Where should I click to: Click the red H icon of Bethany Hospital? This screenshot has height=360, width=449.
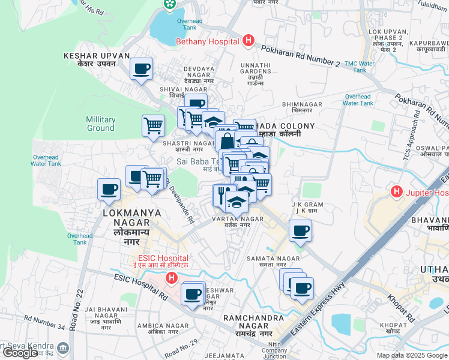click(249, 41)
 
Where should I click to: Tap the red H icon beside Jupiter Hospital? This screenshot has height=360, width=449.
click(396, 193)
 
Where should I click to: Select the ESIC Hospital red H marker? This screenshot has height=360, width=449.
click(172, 278)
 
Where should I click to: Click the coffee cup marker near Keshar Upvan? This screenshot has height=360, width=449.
click(142, 69)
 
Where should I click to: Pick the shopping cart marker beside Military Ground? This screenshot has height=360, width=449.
click(153, 125)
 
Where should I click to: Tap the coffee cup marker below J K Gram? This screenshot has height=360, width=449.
click(300, 230)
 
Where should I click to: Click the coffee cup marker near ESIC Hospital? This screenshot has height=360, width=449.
click(193, 294)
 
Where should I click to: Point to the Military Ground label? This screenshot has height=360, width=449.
click(100, 124)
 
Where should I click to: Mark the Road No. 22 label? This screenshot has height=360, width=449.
click(76, 310)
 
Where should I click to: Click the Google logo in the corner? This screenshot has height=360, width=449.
click(20, 353)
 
